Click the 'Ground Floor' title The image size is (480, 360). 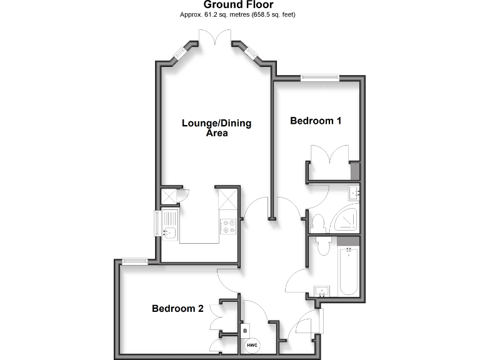pos(239,4)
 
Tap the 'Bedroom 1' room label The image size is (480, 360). pos(316,121)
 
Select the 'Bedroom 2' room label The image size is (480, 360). pos(178,308)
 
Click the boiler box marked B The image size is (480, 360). pos(245,329)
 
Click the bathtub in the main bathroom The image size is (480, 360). pos(349,269)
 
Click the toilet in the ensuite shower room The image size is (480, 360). pos(317,221)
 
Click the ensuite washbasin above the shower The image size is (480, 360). pos(354,192)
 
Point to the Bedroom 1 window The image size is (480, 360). pos(319,77)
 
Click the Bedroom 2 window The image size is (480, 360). pos(135,261)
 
